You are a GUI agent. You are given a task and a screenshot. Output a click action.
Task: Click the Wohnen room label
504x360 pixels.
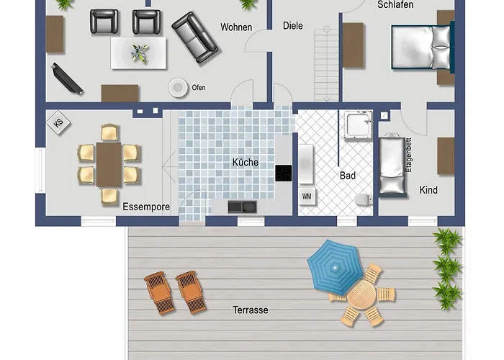pos(236,27)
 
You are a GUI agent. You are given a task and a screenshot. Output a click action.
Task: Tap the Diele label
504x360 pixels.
pos(293,26)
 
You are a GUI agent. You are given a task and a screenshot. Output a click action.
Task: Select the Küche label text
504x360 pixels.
pos(246,162)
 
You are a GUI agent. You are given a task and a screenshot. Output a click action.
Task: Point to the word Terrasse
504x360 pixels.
pos(251,310)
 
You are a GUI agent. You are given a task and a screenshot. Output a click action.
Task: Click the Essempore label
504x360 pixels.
pos(146,207)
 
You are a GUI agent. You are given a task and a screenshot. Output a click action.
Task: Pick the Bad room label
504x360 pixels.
pos(348,176)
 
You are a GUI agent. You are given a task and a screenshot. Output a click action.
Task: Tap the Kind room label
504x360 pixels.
pos(428,190)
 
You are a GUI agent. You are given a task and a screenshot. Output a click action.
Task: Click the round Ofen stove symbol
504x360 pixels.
pos(178,87)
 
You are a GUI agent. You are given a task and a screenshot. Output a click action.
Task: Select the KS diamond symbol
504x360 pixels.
pos(58,123)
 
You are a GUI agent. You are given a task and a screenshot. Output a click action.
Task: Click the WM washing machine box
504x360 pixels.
pos(307,196)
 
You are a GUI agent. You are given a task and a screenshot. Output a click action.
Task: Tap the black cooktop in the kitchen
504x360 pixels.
pos(284,173)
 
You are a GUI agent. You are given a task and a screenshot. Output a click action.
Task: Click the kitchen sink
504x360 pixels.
pos(243,207)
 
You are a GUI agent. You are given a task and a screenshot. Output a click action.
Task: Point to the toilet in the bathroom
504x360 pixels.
pos(364,199)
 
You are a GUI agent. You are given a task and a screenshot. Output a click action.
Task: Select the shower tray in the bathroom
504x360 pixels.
pos(358,125)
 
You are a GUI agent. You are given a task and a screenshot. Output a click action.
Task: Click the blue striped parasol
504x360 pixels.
pos(336,267)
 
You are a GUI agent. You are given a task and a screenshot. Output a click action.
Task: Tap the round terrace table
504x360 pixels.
pos(361,294)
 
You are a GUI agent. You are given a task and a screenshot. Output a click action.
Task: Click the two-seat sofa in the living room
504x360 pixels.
pos(195,37)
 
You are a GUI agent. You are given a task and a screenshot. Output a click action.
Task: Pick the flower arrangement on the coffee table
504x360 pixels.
pos(140,53)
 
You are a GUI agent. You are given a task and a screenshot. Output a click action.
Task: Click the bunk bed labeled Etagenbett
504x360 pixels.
pos(392,165)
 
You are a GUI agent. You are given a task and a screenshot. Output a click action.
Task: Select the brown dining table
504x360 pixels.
pos(109,165)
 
